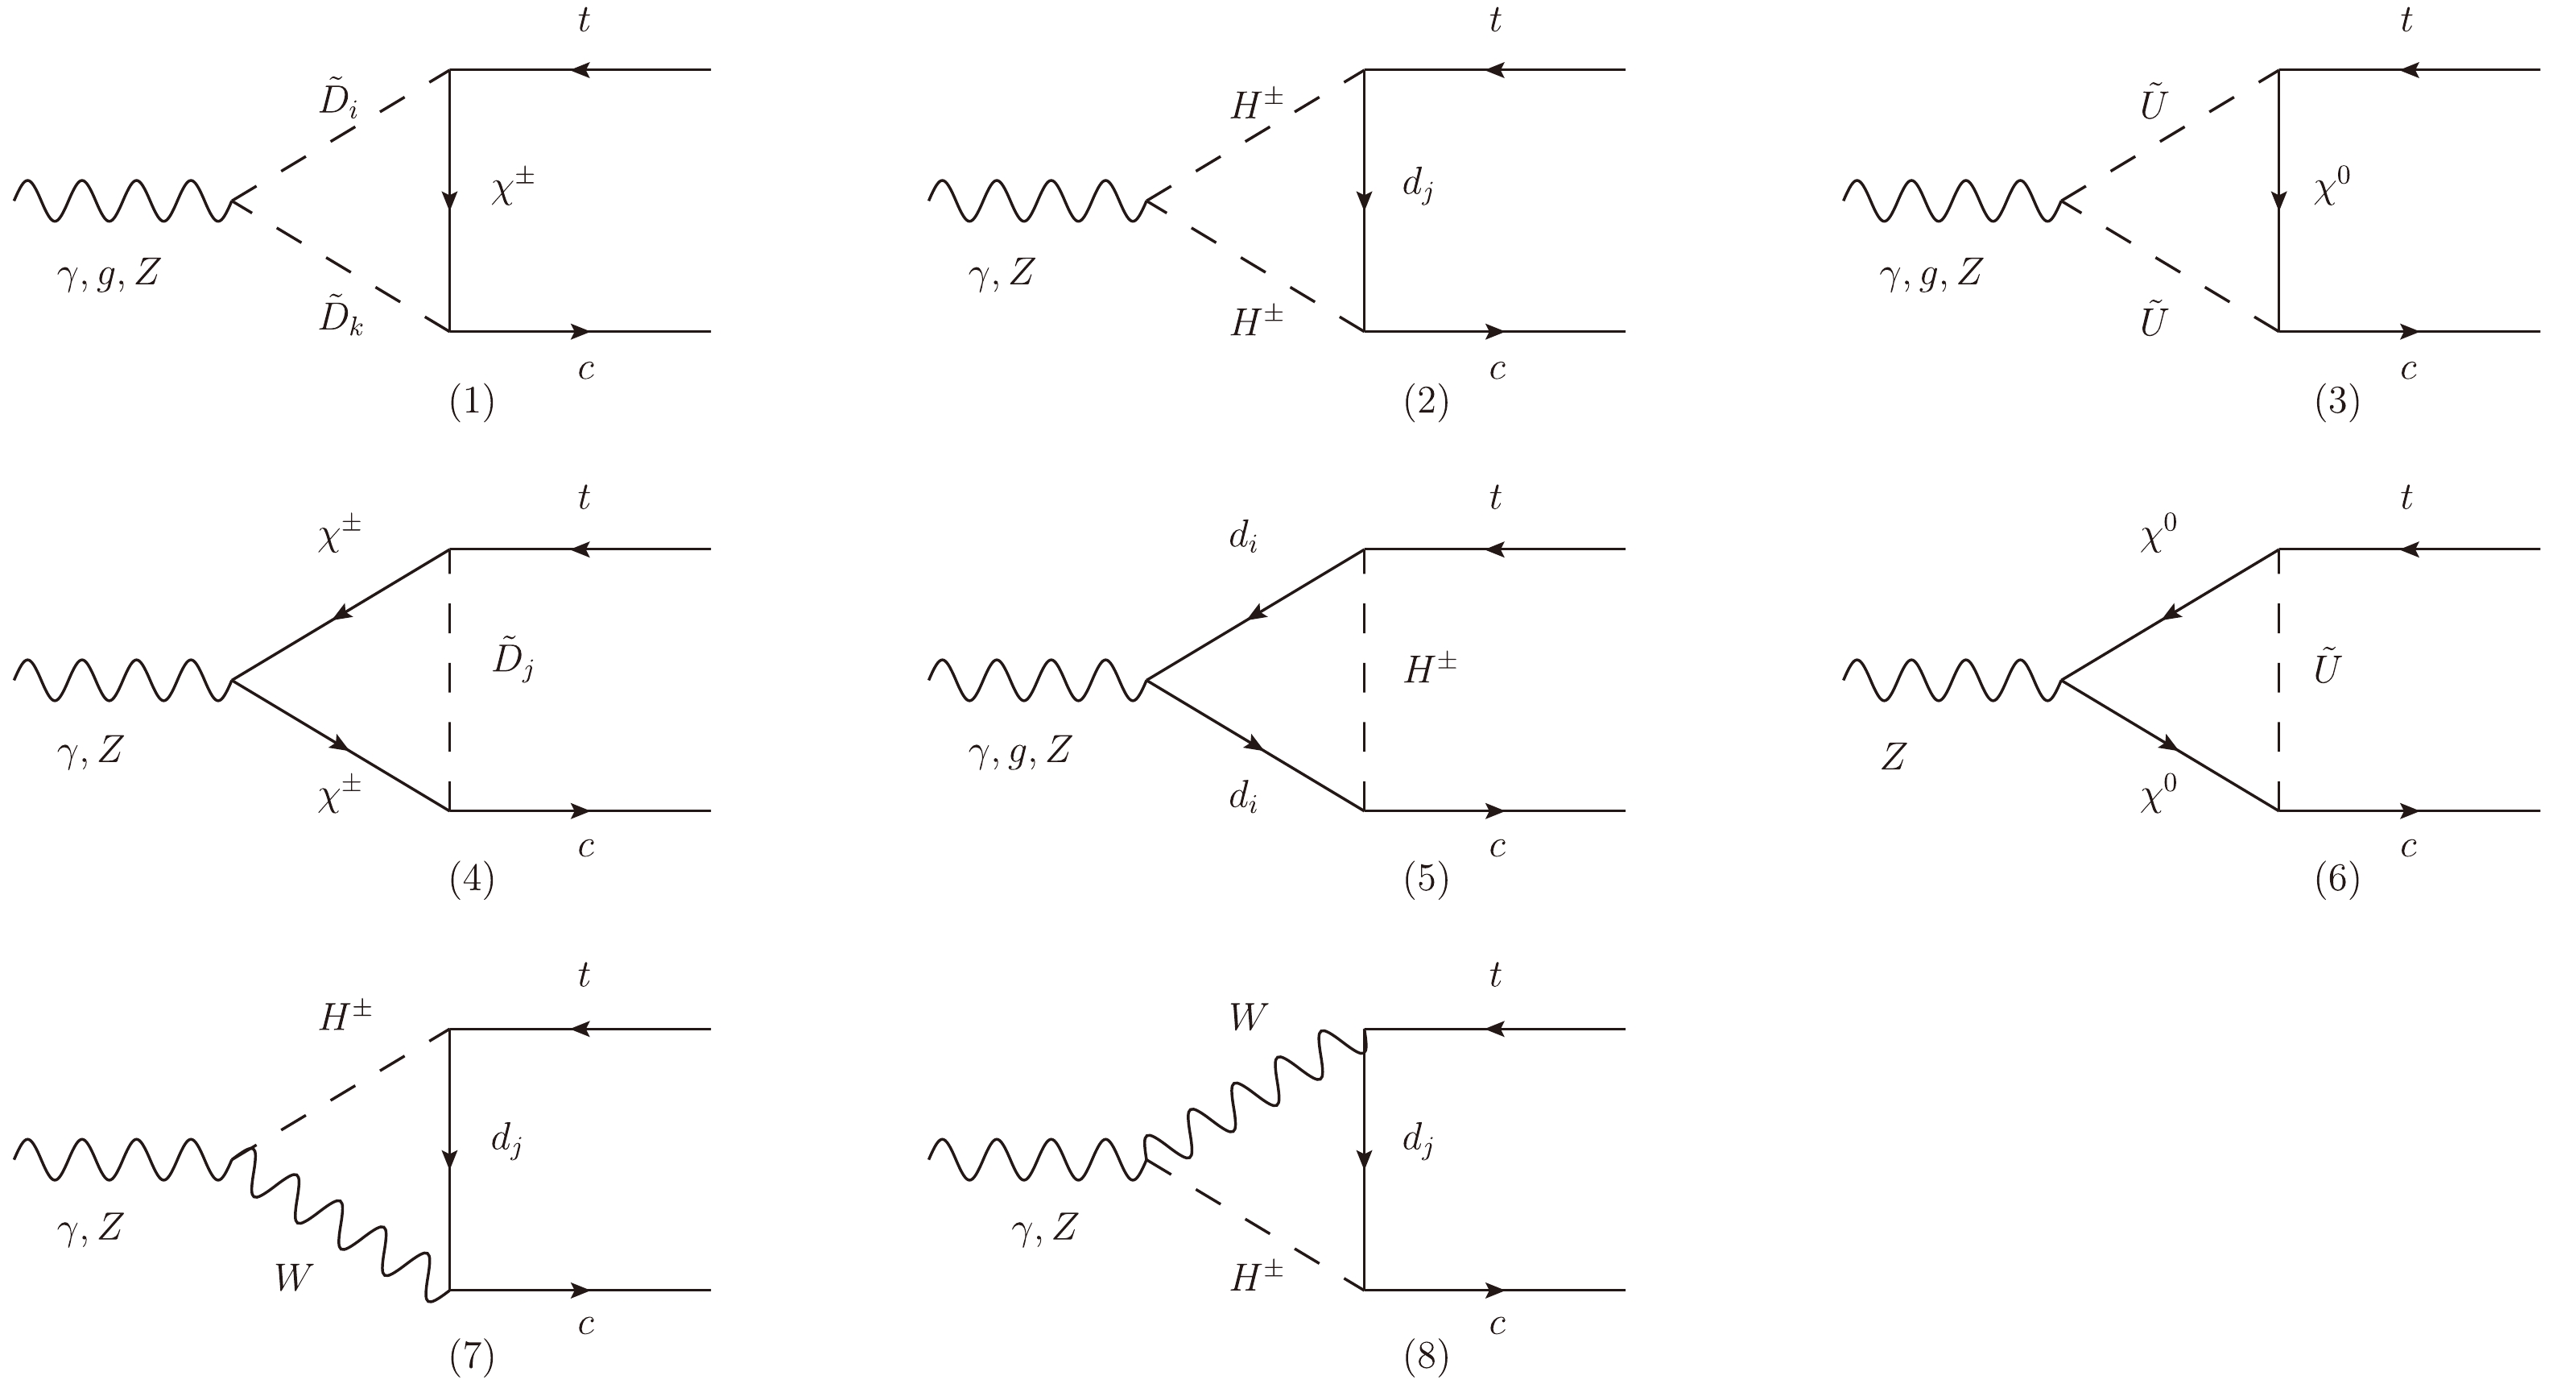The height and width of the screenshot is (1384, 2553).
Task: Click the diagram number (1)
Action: (x=472, y=401)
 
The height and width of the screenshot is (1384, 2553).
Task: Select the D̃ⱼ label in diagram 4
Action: (x=512, y=662)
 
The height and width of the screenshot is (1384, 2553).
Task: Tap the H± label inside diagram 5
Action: (x=1429, y=670)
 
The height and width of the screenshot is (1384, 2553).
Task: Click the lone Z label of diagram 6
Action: (x=1893, y=757)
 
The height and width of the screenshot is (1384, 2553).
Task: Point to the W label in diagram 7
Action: (x=293, y=1278)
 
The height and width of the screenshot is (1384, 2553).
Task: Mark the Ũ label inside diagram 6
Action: (x=2326, y=669)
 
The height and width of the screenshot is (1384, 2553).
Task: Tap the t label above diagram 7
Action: (x=584, y=976)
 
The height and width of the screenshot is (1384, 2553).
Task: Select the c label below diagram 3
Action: (x=2408, y=370)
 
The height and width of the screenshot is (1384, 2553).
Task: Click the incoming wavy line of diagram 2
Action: (x=1035, y=201)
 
